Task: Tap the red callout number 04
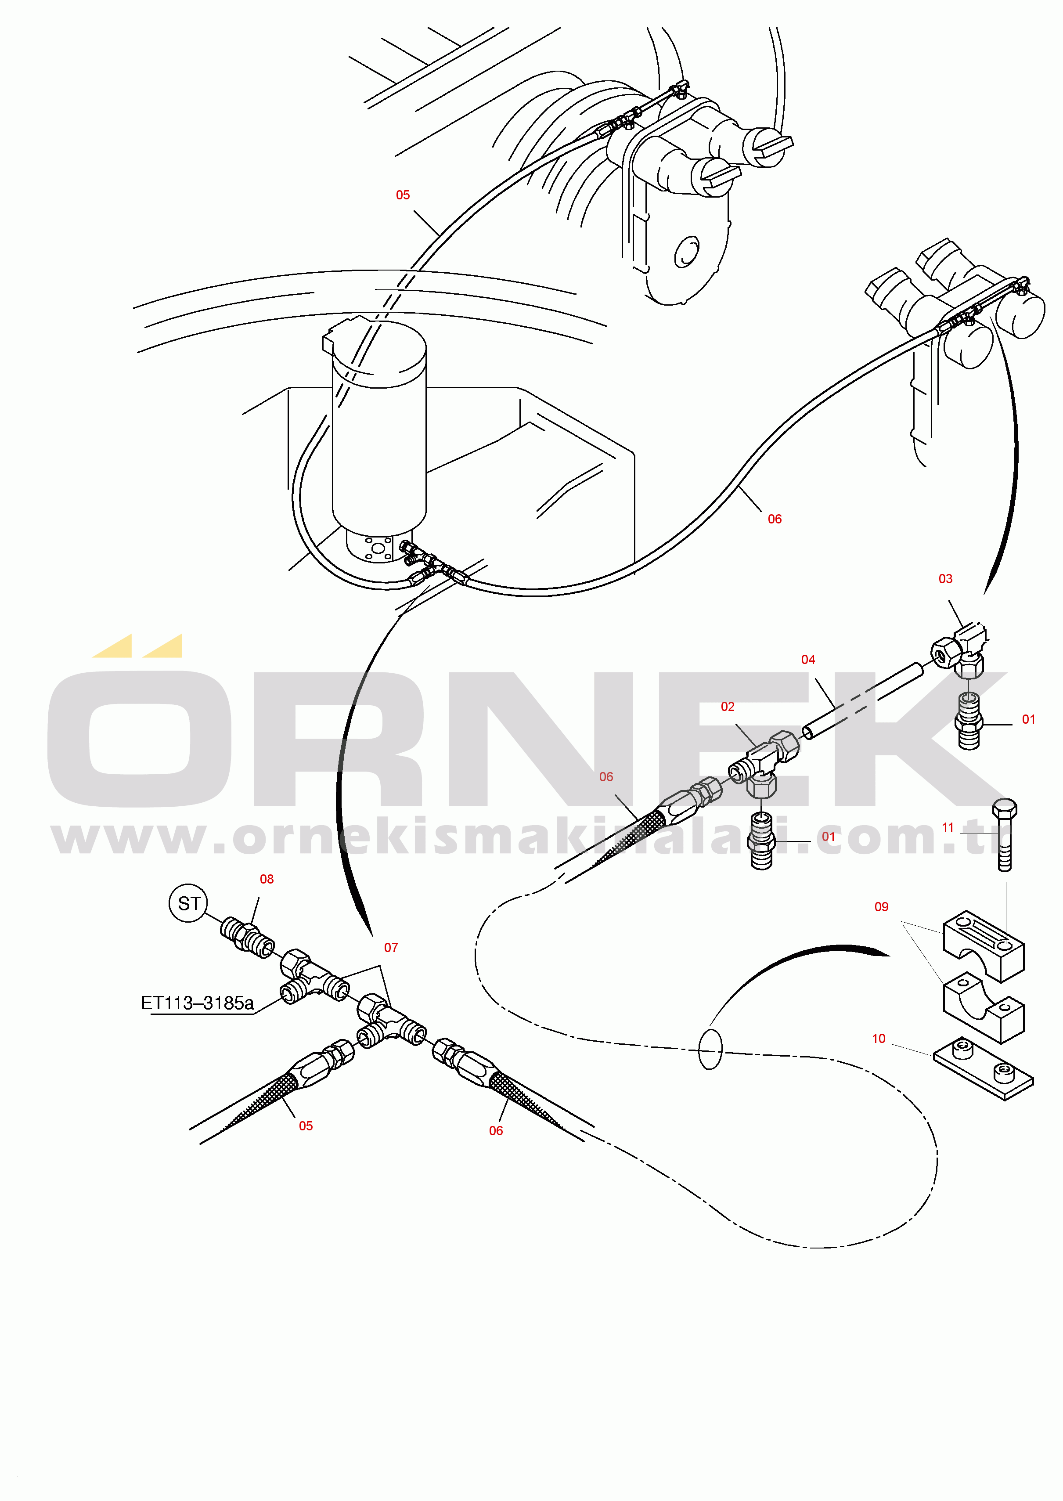(808, 660)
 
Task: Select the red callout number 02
(727, 706)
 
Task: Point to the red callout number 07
(391, 947)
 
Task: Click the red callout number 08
(267, 879)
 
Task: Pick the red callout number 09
(881, 907)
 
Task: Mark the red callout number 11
(947, 827)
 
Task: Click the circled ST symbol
(188, 903)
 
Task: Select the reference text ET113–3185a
(197, 1003)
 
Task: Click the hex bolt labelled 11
(1005, 835)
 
